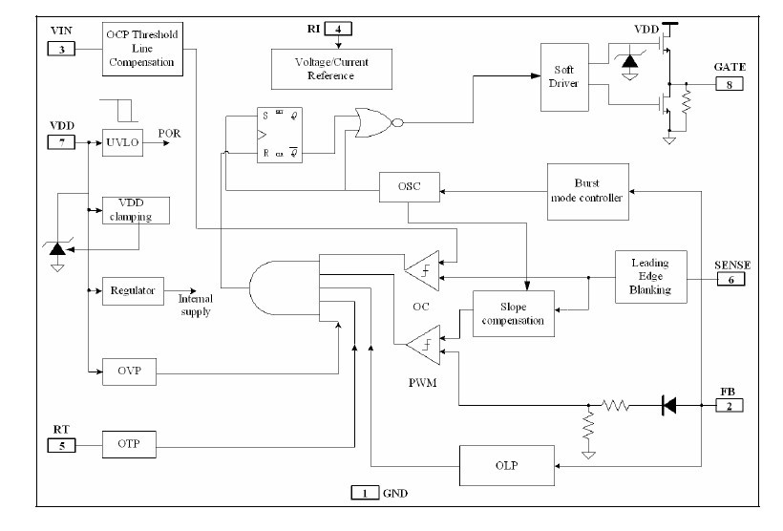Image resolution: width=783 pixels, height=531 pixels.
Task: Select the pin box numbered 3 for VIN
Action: (x=61, y=49)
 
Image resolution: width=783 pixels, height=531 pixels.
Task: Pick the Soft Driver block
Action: (x=562, y=76)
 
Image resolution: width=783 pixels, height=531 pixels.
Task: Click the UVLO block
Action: (x=121, y=142)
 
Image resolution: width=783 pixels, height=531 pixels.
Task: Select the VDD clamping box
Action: (x=136, y=210)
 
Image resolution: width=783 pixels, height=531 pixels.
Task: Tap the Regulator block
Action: (x=133, y=290)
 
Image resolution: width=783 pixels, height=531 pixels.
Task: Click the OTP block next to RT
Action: (x=127, y=443)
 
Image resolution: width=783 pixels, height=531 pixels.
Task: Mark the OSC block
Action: (x=409, y=187)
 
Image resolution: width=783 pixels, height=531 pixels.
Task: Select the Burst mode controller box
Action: (x=587, y=190)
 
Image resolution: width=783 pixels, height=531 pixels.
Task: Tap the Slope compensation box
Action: (x=514, y=314)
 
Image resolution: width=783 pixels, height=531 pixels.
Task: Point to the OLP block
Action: (x=507, y=465)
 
